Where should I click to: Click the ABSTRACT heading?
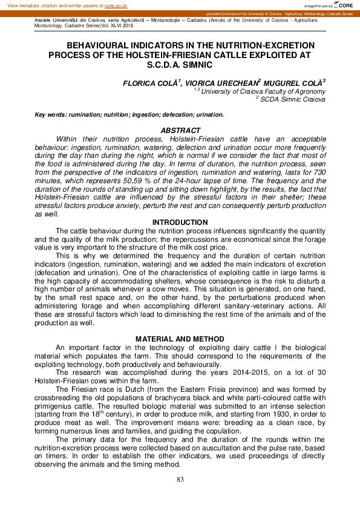tap(180, 131)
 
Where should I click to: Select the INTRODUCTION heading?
tap(180, 222)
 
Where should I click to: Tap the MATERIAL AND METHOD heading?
tap(180, 339)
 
